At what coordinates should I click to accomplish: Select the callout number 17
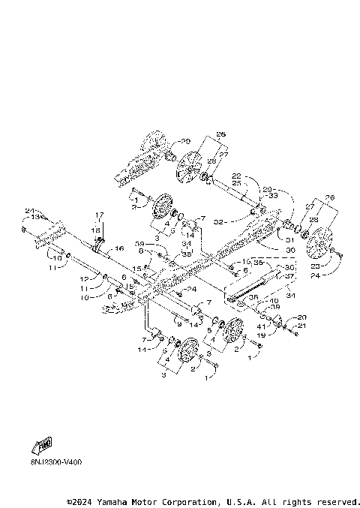98,215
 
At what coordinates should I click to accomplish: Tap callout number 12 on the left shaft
86,278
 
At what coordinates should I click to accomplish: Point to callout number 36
252,298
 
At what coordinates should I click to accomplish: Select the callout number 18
97,230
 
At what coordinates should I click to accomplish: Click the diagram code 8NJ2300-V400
46,462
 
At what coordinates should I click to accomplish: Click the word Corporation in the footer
180,501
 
